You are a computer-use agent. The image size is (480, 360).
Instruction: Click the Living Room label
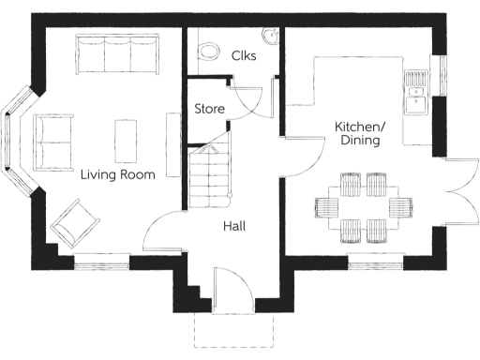click(117, 174)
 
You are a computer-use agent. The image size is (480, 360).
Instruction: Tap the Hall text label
click(234, 226)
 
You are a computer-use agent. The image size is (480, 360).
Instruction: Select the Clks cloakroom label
click(244, 55)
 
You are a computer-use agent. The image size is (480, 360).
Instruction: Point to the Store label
click(209, 110)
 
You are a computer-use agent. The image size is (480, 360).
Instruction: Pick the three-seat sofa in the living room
click(116, 56)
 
